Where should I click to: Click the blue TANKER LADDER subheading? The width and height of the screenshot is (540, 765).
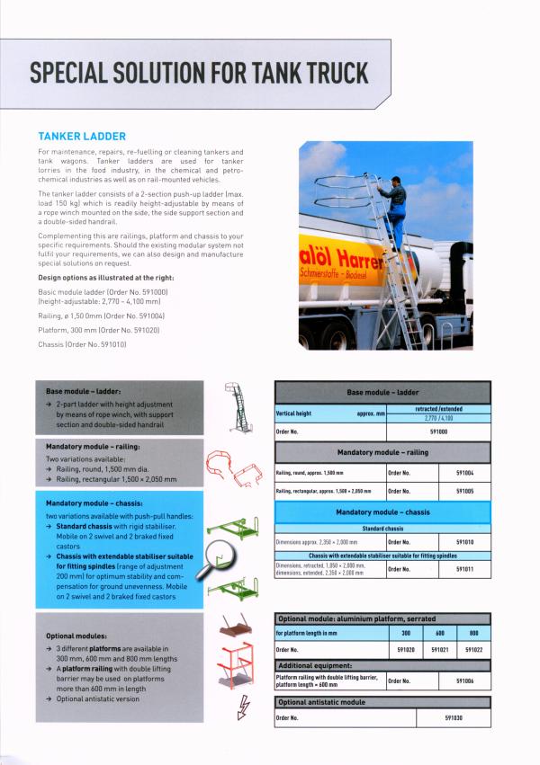tap(81, 137)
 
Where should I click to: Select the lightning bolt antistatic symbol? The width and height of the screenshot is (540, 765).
tap(240, 710)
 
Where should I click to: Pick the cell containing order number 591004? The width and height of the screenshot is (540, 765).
tap(465, 471)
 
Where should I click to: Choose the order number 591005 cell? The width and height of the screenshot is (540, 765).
tap(465, 492)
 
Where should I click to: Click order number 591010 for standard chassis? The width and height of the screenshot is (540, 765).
tap(465, 543)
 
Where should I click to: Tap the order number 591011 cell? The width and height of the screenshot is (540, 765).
tap(465, 569)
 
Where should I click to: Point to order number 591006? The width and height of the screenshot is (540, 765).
tap(465, 681)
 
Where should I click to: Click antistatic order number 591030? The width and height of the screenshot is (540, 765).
tap(454, 718)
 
